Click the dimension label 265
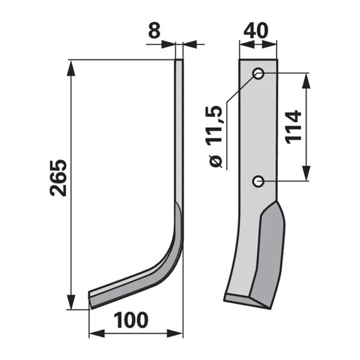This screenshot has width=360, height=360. point(58,178)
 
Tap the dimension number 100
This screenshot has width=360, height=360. point(131,320)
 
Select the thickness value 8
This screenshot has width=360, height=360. point(154,31)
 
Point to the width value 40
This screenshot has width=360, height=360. point(256,31)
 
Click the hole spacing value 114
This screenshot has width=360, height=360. point(293,127)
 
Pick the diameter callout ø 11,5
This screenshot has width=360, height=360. point(215,137)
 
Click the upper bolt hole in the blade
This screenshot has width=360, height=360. point(258,74)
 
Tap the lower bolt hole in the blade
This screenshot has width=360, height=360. point(258,181)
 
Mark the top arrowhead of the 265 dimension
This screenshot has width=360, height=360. point(71,67)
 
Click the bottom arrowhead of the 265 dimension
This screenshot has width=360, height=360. point(71,302)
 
